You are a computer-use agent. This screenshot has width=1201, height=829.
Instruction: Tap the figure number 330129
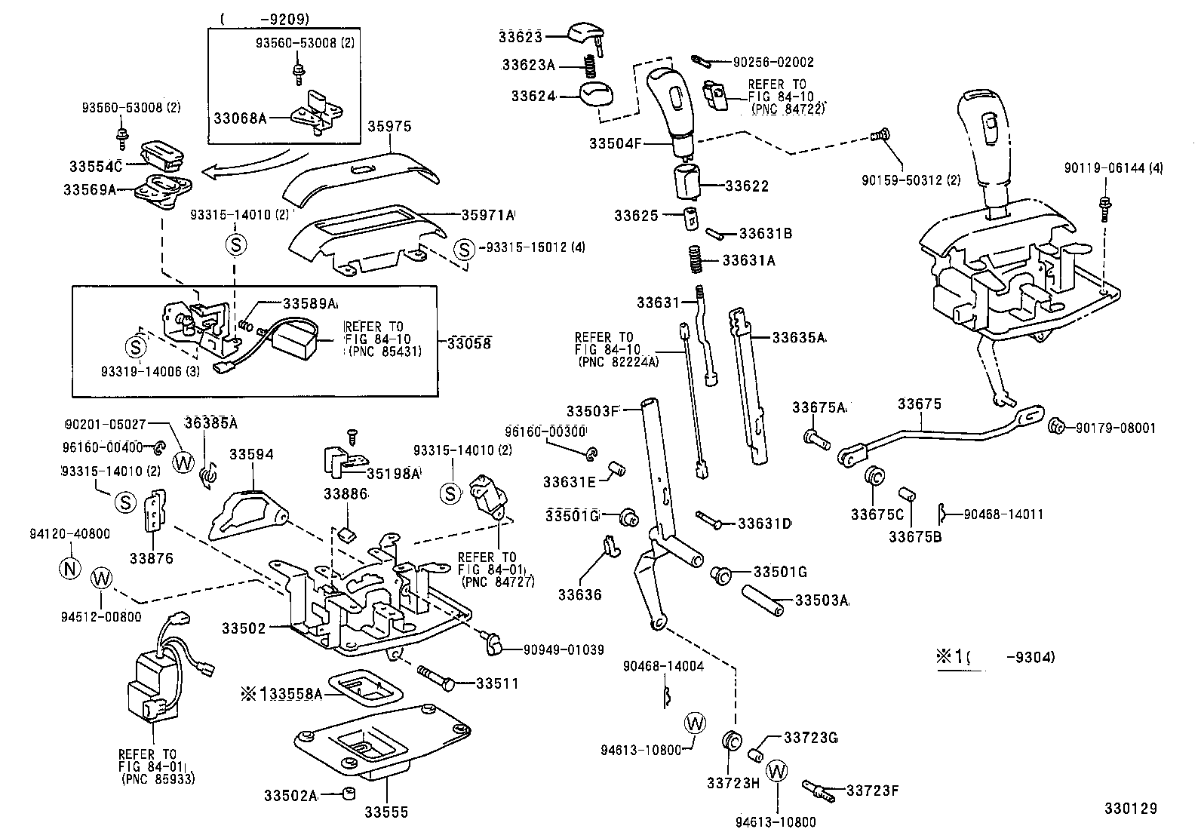tap(1129, 809)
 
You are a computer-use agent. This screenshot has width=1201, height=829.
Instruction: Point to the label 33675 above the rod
tap(919, 404)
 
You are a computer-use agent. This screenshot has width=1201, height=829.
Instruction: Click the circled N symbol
tap(69, 568)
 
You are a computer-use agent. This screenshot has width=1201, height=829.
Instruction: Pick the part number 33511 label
tap(497, 683)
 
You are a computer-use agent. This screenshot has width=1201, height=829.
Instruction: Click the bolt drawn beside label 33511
tap(435, 677)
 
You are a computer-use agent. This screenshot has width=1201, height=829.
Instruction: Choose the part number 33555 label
tap(386, 812)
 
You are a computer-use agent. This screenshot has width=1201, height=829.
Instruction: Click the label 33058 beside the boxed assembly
tap(468, 343)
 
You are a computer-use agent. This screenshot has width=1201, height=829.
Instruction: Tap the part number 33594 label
tap(251, 455)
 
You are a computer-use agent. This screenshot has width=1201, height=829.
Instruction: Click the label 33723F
tap(872, 791)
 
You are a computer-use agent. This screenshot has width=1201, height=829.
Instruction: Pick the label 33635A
tap(799, 338)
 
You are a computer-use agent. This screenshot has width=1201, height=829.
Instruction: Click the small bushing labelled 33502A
tap(349, 794)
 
